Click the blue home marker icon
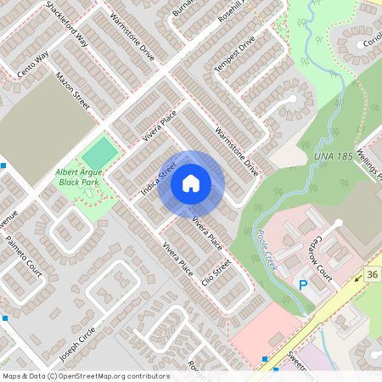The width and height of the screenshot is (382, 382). (x=191, y=183)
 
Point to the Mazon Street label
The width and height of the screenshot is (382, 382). (x=72, y=88)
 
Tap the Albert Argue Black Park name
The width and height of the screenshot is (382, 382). (x=78, y=177)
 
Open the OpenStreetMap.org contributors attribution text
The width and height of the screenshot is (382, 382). (x=85, y=376)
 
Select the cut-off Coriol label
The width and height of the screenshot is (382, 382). (x=370, y=44)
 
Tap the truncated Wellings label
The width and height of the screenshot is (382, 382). (x=373, y=163)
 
